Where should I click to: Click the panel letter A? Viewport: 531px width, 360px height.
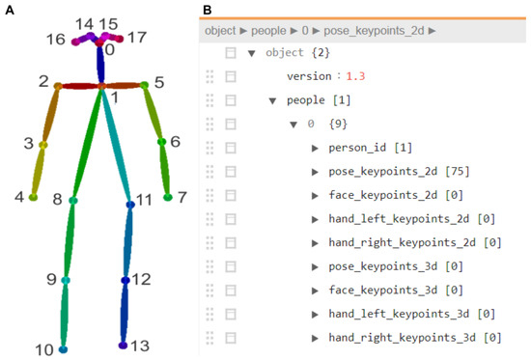coord(10,9)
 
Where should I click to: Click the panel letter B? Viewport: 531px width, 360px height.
coord(209,9)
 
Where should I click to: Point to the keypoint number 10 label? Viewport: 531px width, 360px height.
coord(43,348)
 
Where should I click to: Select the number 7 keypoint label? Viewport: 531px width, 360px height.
coord(183,197)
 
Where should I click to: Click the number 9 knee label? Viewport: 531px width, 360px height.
coord(50,280)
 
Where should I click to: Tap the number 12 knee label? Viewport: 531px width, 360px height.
coord(141,279)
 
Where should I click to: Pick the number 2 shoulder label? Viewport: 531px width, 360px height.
coord(42,83)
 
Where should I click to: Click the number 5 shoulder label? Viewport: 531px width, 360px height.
coord(158,83)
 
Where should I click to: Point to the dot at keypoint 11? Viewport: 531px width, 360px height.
coord(129,205)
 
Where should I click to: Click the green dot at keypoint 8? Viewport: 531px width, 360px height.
coord(72,202)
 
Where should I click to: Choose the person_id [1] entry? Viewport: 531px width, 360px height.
coord(366,147)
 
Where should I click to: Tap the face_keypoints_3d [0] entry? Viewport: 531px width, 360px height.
coord(396,290)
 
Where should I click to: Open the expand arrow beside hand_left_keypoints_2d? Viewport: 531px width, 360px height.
coord(316,218)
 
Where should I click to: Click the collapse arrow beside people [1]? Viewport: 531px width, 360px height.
coord(272,100)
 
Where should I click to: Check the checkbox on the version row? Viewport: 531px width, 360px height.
coord(231,76)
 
